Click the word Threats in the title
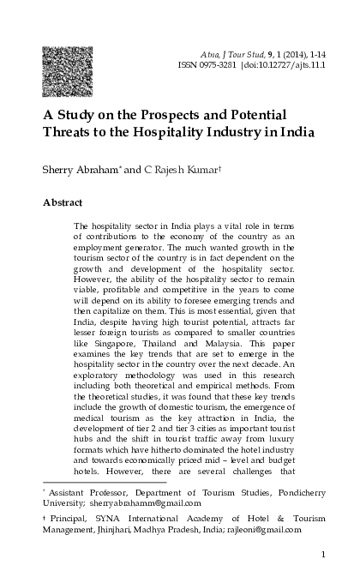[71, 133]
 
